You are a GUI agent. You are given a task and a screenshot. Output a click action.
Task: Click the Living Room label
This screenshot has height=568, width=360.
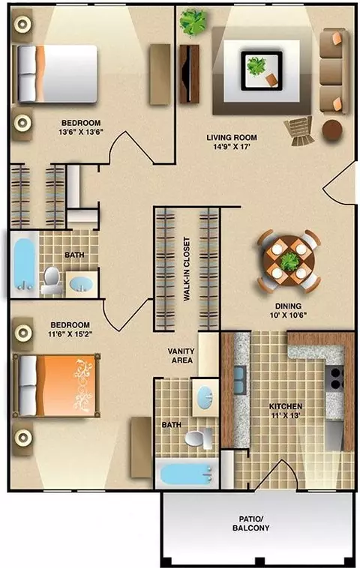(232, 138)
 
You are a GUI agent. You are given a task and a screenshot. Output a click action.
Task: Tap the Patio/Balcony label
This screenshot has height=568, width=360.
(251, 524)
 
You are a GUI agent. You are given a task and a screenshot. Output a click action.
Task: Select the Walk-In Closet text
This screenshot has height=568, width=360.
(187, 269)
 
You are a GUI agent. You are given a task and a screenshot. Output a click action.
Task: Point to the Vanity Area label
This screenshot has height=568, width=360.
(181, 356)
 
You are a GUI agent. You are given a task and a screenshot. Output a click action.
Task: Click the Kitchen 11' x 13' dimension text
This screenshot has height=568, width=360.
(286, 415)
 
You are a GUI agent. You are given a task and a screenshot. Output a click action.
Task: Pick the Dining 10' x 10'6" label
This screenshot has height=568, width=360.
(288, 310)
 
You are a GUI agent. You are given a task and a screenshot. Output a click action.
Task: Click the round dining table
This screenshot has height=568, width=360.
(289, 261)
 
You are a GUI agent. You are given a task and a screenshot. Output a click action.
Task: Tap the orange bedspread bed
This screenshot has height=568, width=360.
(56, 385)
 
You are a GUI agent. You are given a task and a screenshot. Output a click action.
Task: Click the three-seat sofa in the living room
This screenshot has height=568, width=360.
(333, 71)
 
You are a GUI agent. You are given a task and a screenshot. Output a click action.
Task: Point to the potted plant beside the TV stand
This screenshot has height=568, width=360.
(193, 22)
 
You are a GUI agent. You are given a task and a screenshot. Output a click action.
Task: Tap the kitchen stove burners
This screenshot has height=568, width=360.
(334, 378)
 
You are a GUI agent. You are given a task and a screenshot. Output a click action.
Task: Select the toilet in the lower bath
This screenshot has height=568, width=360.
(198, 438)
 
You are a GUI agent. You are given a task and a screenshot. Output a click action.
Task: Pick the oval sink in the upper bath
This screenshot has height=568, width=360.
(81, 283)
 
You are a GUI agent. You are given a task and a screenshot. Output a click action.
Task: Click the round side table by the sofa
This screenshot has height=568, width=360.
(332, 130)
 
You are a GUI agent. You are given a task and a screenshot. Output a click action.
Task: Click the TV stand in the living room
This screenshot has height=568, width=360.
(189, 74)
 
